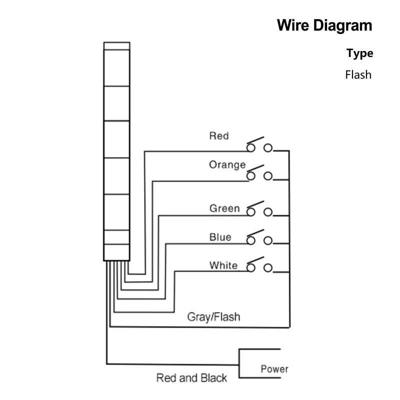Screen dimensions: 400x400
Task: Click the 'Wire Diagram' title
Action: pyautogui.click(x=325, y=25)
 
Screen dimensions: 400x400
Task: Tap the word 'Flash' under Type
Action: pyautogui.click(x=358, y=75)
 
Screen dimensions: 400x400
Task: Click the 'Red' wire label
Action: pyautogui.click(x=219, y=135)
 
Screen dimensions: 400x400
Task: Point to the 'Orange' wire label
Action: pyautogui.click(x=227, y=164)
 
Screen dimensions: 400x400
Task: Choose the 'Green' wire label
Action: pyautogui.click(x=224, y=208)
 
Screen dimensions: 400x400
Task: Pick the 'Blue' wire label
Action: pyautogui.click(x=220, y=237)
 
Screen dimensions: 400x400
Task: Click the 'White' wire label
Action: pyautogui.click(x=223, y=265)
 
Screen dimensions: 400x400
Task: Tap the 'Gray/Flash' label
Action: pyautogui.click(x=213, y=316)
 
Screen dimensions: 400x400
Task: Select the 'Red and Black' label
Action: pyautogui.click(x=191, y=378)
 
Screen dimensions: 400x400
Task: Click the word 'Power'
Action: pyautogui.click(x=274, y=369)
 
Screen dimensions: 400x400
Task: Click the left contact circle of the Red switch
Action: pyautogui.click(x=251, y=147)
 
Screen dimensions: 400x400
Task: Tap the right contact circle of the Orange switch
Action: pyautogui.click(x=268, y=176)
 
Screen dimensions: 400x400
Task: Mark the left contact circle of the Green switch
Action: pyautogui.click(x=251, y=212)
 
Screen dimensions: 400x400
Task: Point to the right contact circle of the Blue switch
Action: pyautogui.click(x=268, y=240)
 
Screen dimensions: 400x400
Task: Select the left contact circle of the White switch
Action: pyautogui.click(x=251, y=268)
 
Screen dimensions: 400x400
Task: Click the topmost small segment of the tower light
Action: pyautogui.click(x=116, y=46)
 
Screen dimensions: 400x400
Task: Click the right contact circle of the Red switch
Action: pyautogui.click(x=268, y=147)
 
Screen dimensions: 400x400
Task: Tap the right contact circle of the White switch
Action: pyautogui.click(x=268, y=268)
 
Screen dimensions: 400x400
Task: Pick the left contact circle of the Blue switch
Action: pyautogui.click(x=251, y=240)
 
